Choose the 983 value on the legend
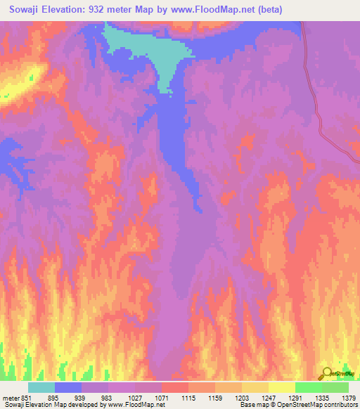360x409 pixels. click(108, 397)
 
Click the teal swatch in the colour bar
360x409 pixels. click(41, 387)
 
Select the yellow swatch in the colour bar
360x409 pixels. click(281, 387)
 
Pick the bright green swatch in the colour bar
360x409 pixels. click(308, 387)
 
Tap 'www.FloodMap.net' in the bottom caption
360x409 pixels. click(133, 405)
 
